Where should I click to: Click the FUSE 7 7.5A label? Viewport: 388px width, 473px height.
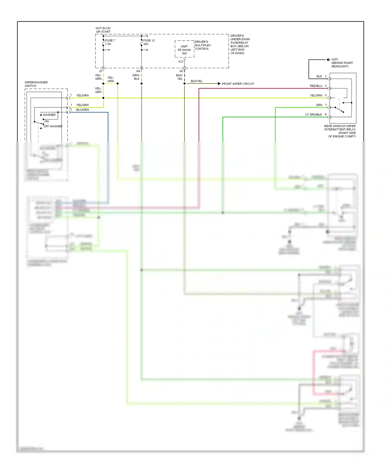coord(110,42)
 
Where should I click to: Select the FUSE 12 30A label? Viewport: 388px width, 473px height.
coord(149,42)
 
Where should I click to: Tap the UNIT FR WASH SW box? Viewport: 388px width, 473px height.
coord(184,50)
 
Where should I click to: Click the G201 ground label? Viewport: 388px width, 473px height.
coord(335,59)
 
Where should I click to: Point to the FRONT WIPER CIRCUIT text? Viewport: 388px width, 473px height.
coord(238,84)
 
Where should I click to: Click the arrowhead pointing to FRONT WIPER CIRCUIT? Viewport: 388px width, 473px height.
coord(219,84)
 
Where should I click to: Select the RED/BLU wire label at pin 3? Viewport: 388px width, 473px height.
coord(316,86)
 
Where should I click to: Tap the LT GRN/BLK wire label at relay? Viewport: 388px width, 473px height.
coord(314,115)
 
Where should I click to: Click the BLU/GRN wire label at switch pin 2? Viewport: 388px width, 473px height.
coord(83,110)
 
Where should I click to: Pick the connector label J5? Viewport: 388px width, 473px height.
coord(100,71)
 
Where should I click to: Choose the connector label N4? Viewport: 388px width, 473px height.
coord(138,71)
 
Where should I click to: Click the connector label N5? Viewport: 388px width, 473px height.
coord(181,71)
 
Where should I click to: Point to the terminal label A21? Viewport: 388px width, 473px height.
coord(181,62)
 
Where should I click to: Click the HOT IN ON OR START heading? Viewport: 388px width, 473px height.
coord(103,30)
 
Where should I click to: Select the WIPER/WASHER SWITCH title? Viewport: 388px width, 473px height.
coord(36,84)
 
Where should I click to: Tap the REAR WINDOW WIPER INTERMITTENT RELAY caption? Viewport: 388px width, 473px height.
coord(340,131)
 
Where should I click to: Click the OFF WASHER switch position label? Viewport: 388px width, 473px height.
coord(53,126)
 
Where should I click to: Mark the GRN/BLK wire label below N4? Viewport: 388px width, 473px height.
coord(136,77)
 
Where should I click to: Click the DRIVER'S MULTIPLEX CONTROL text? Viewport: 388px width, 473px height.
coord(203,45)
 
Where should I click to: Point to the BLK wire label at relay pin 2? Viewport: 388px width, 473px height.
coord(319,76)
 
